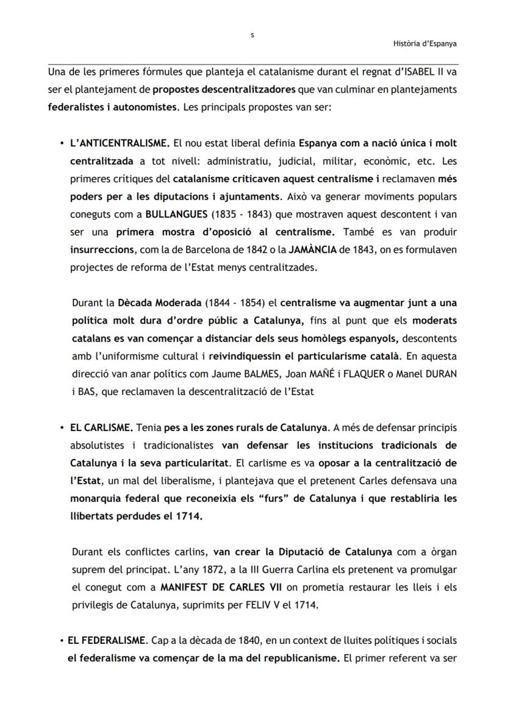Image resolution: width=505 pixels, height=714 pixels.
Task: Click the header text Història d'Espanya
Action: point(425,43)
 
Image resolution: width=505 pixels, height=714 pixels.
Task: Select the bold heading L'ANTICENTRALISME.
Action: point(120,144)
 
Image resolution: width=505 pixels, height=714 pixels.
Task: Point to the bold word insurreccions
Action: point(99,249)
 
